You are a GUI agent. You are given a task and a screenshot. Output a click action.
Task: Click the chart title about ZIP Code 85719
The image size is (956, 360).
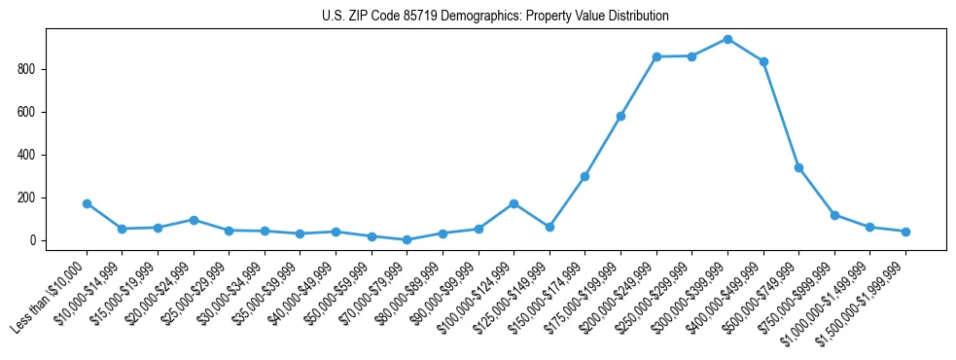[x=495, y=17]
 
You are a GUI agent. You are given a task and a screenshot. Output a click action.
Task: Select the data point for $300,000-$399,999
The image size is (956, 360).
[x=727, y=39]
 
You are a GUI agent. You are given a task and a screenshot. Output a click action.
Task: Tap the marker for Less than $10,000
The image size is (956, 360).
[x=87, y=203]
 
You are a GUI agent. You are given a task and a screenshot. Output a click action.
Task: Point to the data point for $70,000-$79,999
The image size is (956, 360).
[x=407, y=239]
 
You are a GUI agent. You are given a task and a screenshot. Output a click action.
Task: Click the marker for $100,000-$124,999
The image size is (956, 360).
[x=513, y=203]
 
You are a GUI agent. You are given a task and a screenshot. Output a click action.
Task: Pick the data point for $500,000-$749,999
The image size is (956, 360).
[x=798, y=167]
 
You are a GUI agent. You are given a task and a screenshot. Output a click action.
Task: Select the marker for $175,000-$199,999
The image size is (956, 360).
[x=620, y=116]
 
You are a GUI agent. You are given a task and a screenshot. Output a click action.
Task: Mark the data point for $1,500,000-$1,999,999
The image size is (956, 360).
[x=905, y=232]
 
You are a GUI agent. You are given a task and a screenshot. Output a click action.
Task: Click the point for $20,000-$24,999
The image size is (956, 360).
[x=194, y=220]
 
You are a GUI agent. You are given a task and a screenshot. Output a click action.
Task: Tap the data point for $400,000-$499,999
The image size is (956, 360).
[x=763, y=61]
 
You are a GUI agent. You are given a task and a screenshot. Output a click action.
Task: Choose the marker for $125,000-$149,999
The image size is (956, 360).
[x=549, y=227]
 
